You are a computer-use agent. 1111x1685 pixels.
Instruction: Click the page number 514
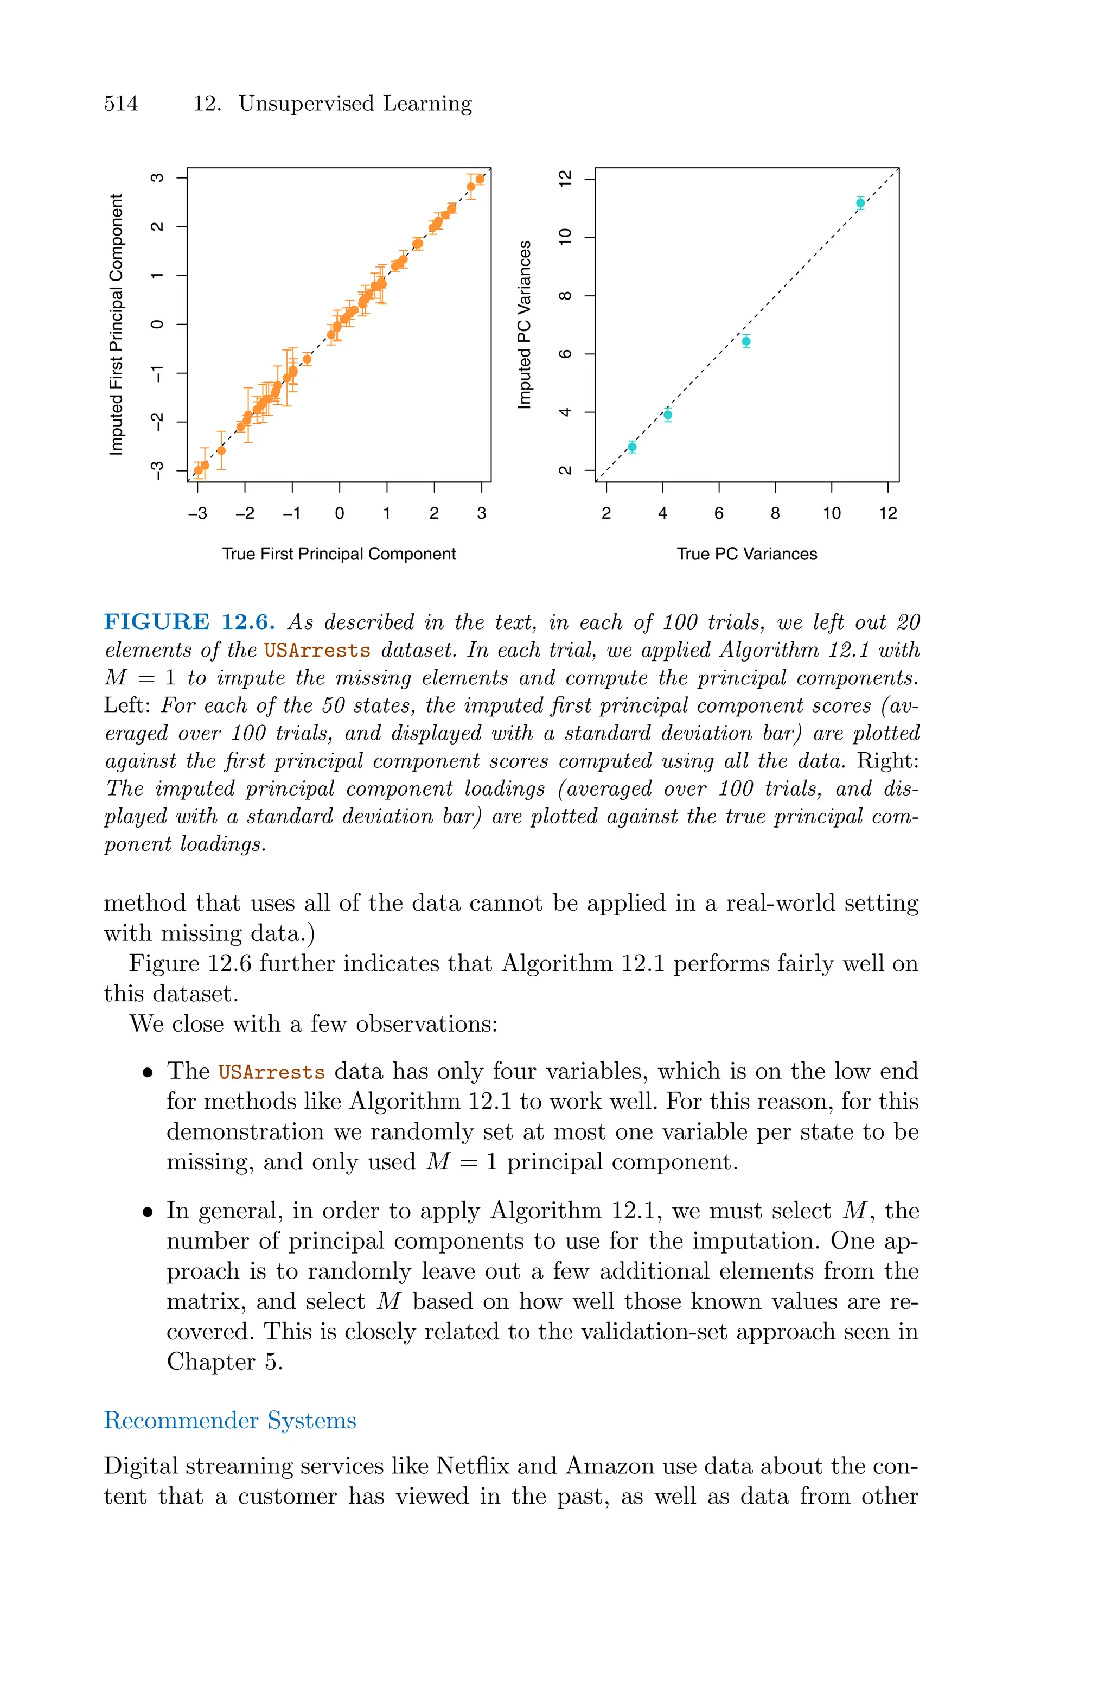pos(121,104)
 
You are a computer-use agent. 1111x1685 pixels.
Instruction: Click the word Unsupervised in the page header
pos(305,104)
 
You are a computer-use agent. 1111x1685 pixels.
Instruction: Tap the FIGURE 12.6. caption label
pos(189,622)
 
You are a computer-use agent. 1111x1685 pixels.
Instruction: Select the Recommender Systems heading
pos(229,1420)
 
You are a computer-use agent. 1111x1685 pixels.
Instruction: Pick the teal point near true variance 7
pos(746,341)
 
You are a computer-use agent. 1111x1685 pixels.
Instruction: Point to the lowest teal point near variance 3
pos(632,447)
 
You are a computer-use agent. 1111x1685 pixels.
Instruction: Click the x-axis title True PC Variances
pos(747,554)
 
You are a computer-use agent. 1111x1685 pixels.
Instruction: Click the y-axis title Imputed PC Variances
pos(525,325)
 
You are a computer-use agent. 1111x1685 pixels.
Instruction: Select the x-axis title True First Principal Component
pos(339,554)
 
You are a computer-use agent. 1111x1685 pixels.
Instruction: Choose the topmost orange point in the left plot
pos(480,179)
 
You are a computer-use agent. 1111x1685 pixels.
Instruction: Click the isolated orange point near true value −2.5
pos(221,450)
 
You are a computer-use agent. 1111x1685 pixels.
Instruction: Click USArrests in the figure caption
pos(317,651)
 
